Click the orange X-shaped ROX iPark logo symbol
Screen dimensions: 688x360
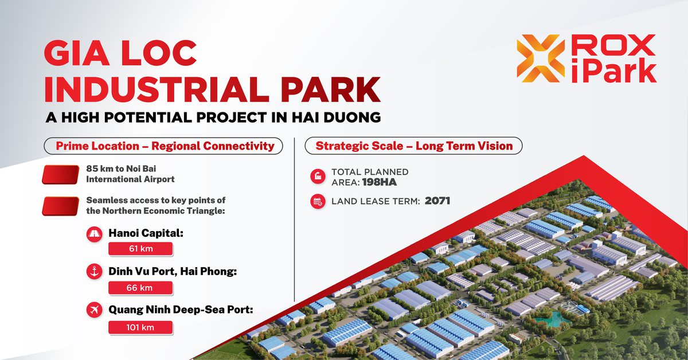[541, 58]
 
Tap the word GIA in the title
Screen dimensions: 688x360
[77, 53]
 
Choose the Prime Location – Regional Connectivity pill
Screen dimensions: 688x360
[163, 146]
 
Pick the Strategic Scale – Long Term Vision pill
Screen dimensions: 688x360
[413, 146]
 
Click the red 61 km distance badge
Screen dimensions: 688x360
[140, 248]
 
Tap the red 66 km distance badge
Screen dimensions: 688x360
[140, 288]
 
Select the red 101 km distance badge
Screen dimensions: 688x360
[140, 327]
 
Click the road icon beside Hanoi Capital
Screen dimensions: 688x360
[94, 234]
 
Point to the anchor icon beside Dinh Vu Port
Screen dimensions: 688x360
[94, 271]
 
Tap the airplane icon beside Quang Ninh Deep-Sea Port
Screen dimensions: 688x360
[94, 310]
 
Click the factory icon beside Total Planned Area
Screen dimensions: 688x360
[318, 177]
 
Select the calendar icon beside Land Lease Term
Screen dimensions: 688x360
[318, 202]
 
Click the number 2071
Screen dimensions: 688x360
[437, 201]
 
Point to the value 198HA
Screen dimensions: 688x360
[380, 182]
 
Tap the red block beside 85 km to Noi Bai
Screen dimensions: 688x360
[61, 174]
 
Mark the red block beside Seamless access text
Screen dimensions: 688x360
[61, 206]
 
